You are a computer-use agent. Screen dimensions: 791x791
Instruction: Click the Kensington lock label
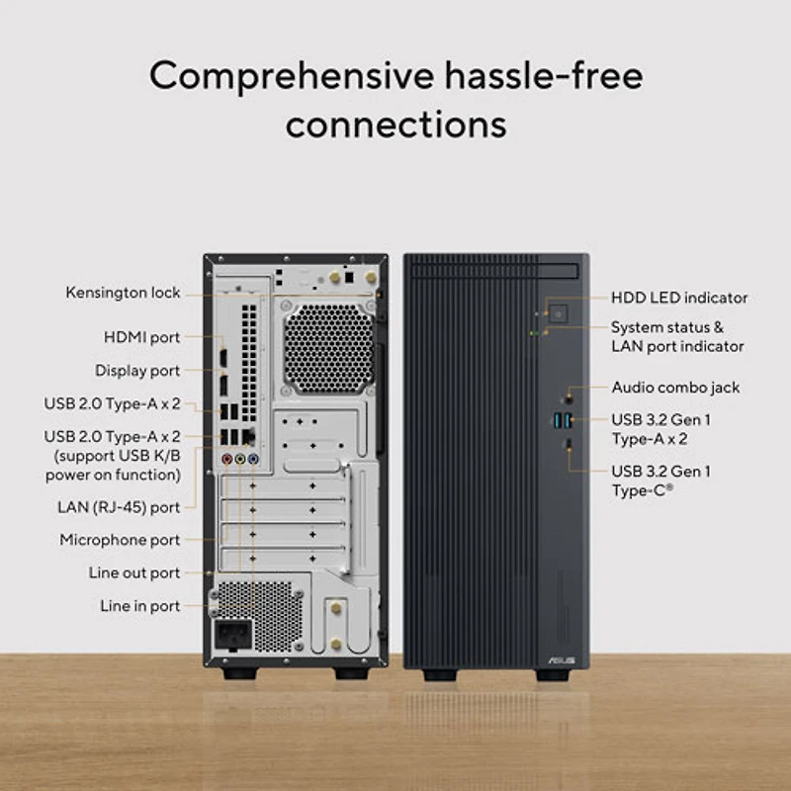pos(123,293)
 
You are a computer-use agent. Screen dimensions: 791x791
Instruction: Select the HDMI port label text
pos(141,337)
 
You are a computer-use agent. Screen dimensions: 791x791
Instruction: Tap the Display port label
pos(137,370)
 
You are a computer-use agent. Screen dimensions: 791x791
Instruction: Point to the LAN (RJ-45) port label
pos(119,507)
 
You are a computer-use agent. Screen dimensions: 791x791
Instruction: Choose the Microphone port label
pos(120,540)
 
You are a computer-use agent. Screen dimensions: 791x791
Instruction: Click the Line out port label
pos(134,572)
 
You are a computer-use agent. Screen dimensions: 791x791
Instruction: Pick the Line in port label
pos(139,606)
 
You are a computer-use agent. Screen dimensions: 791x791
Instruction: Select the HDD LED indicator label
pos(679,298)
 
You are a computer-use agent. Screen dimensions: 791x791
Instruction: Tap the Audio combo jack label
pos(675,388)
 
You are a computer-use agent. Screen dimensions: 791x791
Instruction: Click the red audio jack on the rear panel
pos(227,459)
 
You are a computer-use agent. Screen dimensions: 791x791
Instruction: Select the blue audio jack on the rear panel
pos(253,459)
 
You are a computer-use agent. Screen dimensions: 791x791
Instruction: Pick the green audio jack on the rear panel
pos(240,459)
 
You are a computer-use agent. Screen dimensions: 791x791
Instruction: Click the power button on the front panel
pos(558,313)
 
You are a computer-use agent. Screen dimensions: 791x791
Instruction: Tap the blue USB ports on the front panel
pos(563,419)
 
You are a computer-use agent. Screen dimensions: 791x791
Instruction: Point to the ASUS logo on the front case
pos(561,660)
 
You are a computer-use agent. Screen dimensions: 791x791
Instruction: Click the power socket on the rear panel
pos(233,634)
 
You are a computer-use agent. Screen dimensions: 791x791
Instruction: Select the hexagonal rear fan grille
pos(328,348)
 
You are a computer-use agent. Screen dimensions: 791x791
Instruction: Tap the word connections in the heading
pos(396,125)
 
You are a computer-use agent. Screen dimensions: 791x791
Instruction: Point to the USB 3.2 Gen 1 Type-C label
pos(660,481)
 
